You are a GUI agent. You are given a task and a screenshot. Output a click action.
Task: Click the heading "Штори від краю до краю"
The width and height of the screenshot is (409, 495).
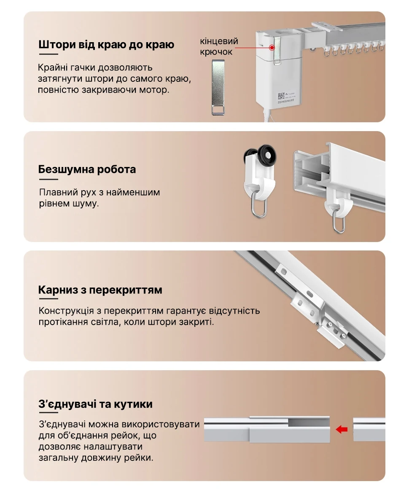(x=106, y=45)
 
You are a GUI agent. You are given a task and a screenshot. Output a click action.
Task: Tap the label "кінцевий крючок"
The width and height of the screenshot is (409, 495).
(x=219, y=46)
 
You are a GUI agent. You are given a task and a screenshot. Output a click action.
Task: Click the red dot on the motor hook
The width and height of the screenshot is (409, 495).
(x=272, y=48)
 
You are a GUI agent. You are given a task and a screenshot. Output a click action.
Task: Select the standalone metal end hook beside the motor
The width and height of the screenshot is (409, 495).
(x=218, y=87)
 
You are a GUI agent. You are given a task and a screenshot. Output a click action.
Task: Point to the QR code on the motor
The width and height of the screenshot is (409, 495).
(x=281, y=96)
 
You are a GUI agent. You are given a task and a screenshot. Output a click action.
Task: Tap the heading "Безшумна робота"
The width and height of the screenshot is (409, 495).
(x=87, y=169)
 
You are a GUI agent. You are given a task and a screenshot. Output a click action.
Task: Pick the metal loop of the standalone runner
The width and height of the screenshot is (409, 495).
(x=260, y=207)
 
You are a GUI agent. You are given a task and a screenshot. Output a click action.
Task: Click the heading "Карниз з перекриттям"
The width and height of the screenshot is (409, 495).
(x=100, y=290)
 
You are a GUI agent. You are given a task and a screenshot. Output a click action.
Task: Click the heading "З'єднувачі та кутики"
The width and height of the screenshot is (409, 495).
(x=96, y=404)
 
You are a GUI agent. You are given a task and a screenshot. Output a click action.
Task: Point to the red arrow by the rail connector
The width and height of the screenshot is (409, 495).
(x=342, y=429)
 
